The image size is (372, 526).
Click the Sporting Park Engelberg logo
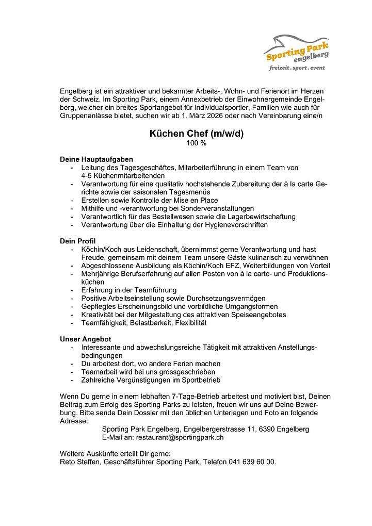pos(297,52)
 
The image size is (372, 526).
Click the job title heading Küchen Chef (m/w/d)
pos(196,134)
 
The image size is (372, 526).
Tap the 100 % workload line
pos(196,143)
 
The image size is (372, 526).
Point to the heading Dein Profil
pos(78,241)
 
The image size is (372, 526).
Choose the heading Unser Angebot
pos(86,339)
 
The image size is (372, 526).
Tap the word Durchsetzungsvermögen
pos(225,298)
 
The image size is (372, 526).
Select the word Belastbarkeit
pos(144,323)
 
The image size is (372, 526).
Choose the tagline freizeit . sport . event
pos(297,68)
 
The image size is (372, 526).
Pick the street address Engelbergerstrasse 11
pos(221,429)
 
